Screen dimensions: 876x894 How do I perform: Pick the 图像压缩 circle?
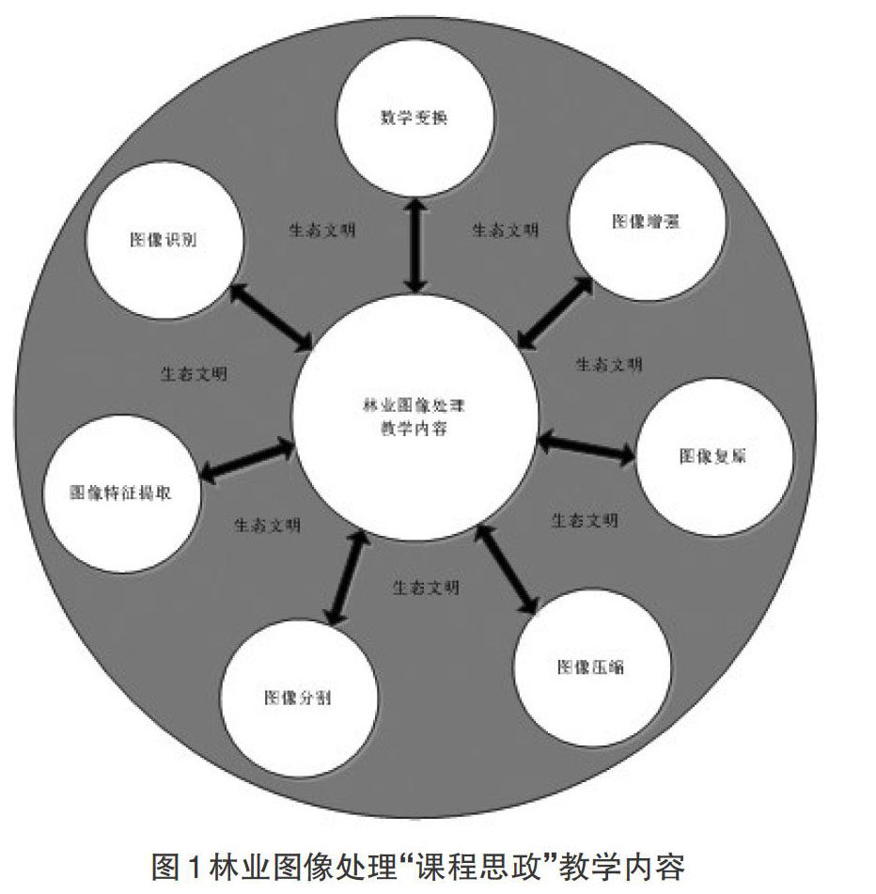591,667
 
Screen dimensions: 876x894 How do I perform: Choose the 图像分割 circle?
298,698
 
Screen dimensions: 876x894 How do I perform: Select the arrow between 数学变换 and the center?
415,244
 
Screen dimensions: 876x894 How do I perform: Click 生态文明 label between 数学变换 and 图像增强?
505,229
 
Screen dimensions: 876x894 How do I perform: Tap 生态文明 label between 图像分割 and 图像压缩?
426,588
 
